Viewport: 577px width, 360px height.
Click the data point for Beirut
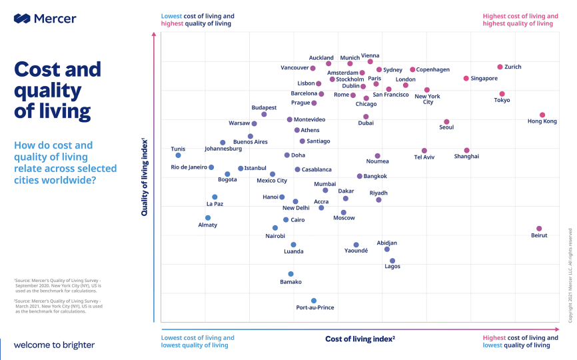[x=539, y=229]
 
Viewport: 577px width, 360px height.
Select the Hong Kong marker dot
[x=542, y=115]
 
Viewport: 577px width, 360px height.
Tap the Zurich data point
[x=500, y=67]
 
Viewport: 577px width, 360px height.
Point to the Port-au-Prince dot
[x=314, y=301]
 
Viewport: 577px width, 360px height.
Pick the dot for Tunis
[x=178, y=155]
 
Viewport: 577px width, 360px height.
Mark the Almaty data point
[x=208, y=218]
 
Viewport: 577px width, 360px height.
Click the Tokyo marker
[x=502, y=94]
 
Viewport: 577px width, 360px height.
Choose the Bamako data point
[x=290, y=274]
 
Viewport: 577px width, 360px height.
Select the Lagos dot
[x=392, y=261]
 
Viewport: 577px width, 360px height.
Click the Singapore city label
[x=484, y=79]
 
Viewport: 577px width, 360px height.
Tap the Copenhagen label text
[x=433, y=69]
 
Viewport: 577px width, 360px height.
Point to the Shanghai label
[x=466, y=157]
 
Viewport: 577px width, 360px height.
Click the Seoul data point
[x=446, y=122]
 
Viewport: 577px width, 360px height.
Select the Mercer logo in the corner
[x=45, y=19]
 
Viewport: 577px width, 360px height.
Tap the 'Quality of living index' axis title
[x=145, y=177]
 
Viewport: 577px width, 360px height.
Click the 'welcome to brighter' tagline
[x=54, y=345]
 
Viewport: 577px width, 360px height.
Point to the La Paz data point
[x=215, y=197]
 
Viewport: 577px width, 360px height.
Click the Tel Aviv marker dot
[x=424, y=151]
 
